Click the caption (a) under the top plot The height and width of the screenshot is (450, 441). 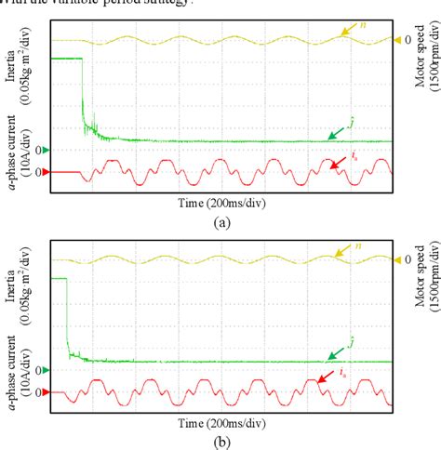point(220,223)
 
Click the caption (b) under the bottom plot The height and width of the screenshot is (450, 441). point(220,441)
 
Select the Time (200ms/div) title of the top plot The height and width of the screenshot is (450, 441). point(220,202)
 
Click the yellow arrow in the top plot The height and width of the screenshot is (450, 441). point(349,32)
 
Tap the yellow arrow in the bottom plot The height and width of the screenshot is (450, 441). point(349,252)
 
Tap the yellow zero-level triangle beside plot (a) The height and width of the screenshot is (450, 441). point(398,40)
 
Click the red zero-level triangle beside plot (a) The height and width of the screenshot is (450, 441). point(42,172)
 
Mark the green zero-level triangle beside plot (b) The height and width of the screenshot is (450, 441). point(42,369)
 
